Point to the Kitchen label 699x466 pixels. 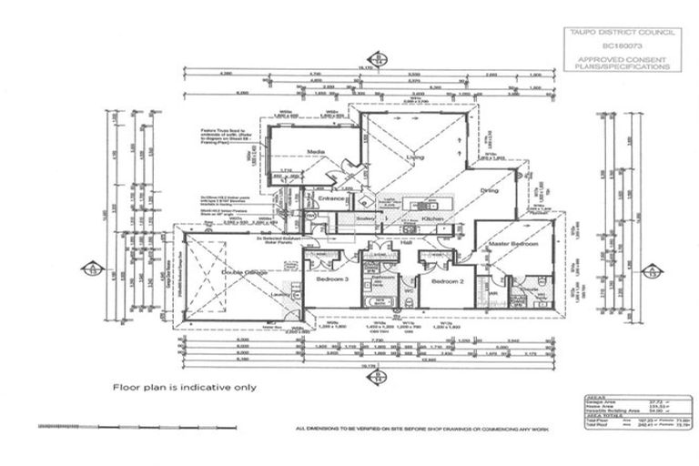coord(432,219)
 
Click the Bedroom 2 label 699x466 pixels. coord(447,282)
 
